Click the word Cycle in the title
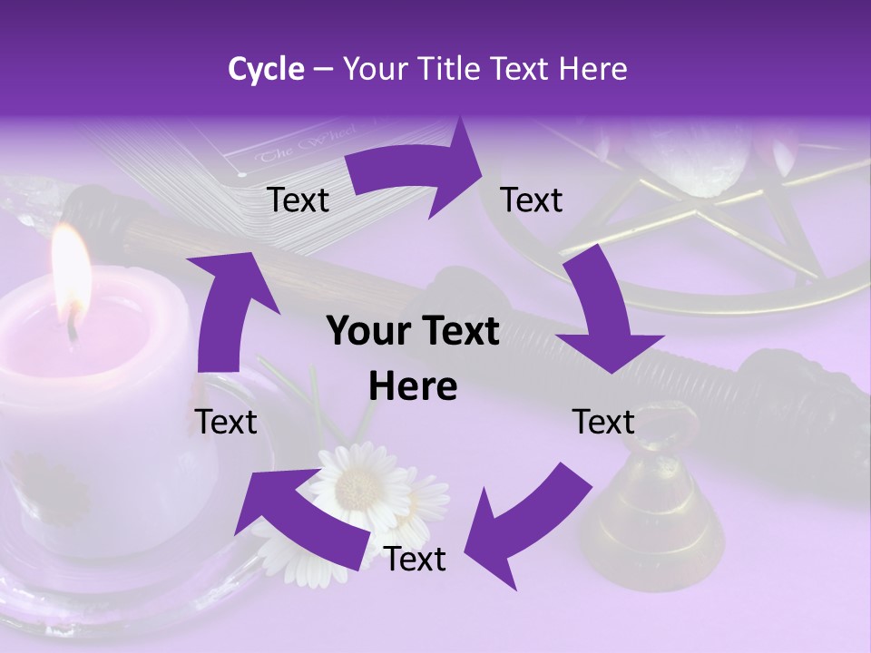266,69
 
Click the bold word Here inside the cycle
413,386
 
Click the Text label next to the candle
226,422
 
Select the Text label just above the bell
603,422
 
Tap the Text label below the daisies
415,560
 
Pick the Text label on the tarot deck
298,200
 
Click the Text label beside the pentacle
532,200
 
